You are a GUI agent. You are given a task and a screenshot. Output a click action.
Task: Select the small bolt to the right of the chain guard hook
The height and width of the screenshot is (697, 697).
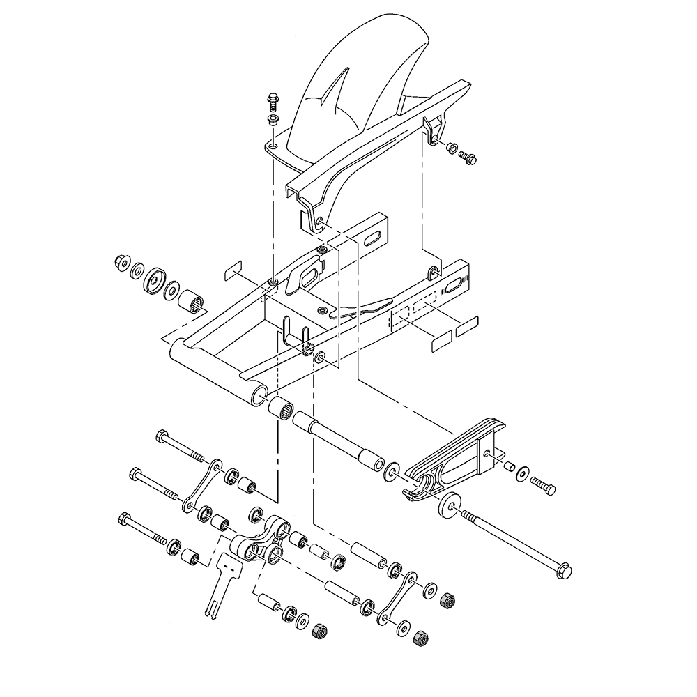(469, 158)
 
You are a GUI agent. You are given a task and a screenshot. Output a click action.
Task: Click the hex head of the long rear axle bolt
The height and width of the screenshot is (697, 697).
(565, 569)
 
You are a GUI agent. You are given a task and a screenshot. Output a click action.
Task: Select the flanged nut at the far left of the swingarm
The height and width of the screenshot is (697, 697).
(120, 263)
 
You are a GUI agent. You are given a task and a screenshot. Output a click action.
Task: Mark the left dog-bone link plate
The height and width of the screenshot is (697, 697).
(202, 484)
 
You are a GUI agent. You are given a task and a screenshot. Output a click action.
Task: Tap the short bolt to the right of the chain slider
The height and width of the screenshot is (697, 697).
(544, 484)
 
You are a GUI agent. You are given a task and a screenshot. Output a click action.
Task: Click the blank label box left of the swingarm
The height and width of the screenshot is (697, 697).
(232, 271)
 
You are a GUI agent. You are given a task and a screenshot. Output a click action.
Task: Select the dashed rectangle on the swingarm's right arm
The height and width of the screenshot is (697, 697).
(413, 309)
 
